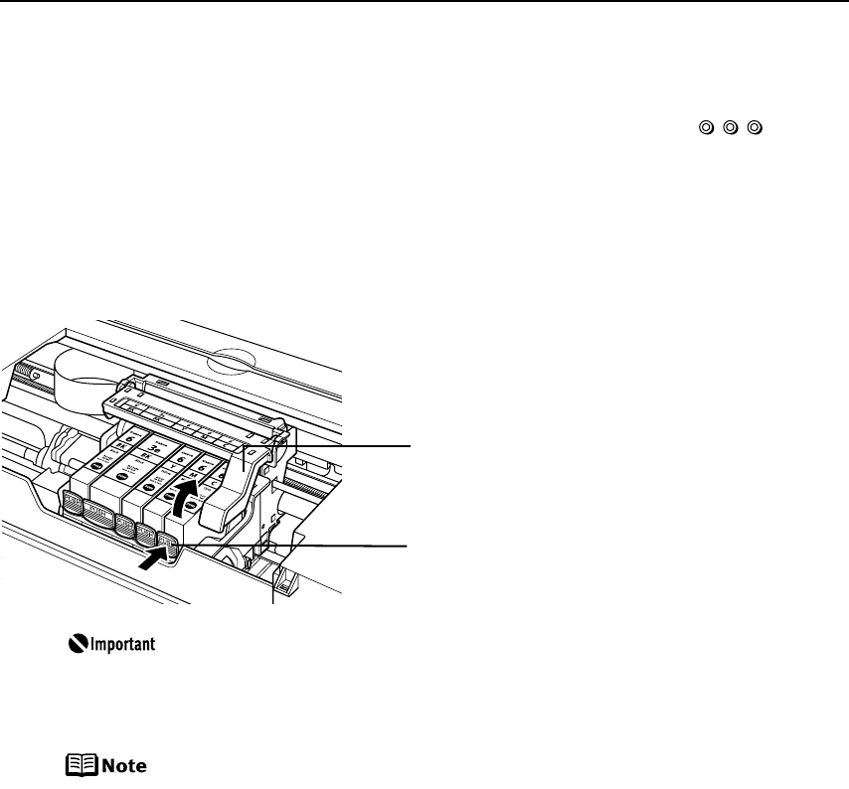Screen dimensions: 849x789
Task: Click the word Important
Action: point(122,644)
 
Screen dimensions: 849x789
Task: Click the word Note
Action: point(124,766)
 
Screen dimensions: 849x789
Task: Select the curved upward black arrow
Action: point(184,497)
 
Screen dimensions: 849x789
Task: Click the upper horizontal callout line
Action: point(348,446)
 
